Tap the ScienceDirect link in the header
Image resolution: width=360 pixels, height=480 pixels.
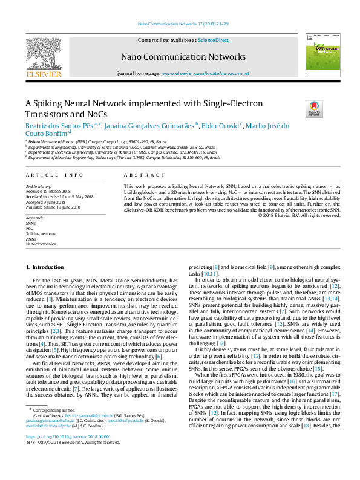click(x=213, y=39)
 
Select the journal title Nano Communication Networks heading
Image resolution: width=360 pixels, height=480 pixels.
click(x=183, y=57)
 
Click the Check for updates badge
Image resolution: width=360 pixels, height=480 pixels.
click(x=315, y=108)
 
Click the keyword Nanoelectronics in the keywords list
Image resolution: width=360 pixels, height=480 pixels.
click(x=41, y=244)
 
